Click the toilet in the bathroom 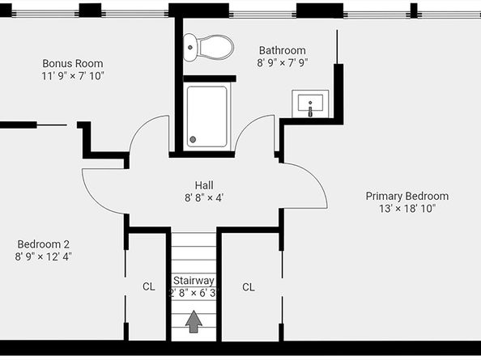pyautogui.click(x=209, y=48)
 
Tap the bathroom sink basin pyautogui.click(x=310, y=103)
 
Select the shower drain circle pyautogui.click(x=193, y=139)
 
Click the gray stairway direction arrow pyautogui.click(x=194, y=321)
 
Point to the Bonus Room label pyautogui.click(x=73, y=63)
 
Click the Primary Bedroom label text pyautogui.click(x=407, y=196)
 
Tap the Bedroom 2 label pyautogui.click(x=43, y=244)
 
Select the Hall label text pyautogui.click(x=204, y=185)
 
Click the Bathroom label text pyautogui.click(x=283, y=50)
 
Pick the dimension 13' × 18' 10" pyautogui.click(x=407, y=209)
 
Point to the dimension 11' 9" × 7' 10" pyautogui.click(x=73, y=76)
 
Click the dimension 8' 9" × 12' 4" pyautogui.click(x=43, y=256)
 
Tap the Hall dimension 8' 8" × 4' pyautogui.click(x=204, y=198)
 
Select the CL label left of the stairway pyautogui.click(x=149, y=286)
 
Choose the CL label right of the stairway pyautogui.click(x=248, y=287)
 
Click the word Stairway pyautogui.click(x=194, y=281)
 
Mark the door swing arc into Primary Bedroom pyautogui.click(x=319, y=178)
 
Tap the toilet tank pyautogui.click(x=189, y=47)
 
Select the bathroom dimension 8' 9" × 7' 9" pyautogui.click(x=283, y=63)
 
